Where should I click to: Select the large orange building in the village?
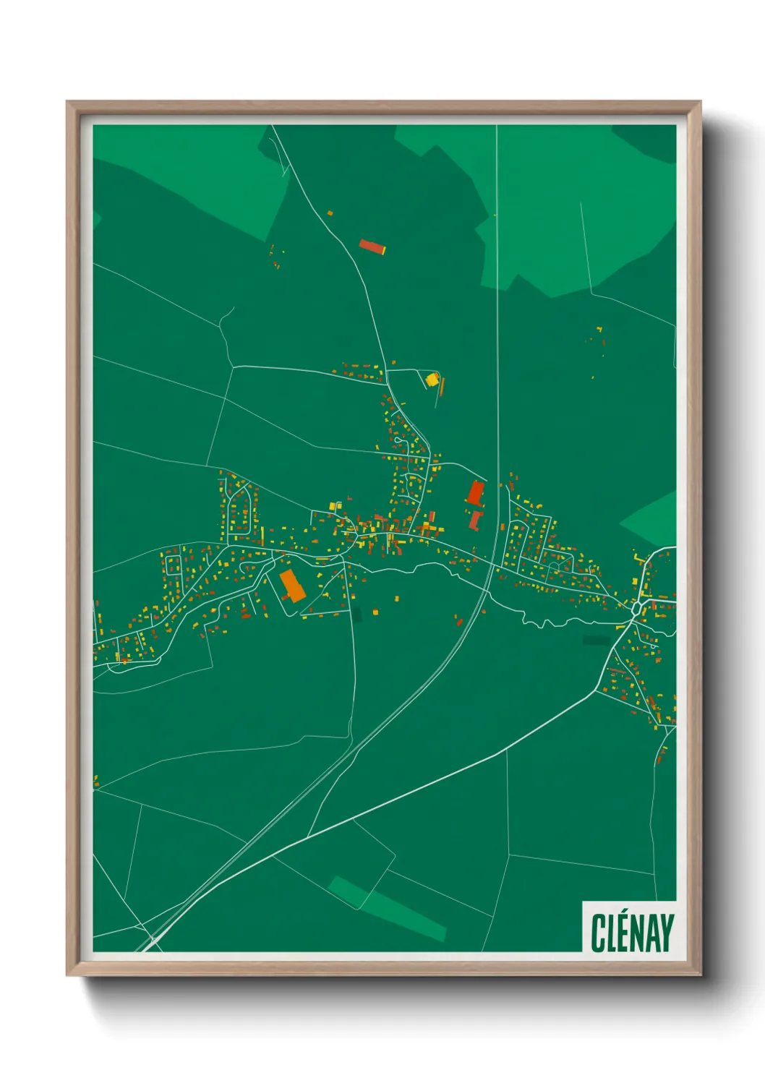(x=292, y=586)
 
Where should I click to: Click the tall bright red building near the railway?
(x=475, y=493)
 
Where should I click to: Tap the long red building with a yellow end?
(x=372, y=247)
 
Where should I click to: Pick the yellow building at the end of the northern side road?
(x=432, y=379)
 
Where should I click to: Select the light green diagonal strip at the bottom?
(x=387, y=907)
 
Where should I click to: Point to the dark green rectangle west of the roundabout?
(x=596, y=640)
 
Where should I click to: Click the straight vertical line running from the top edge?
(x=497, y=289)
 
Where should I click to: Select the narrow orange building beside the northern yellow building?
(x=442, y=386)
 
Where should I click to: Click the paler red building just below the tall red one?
(x=475, y=519)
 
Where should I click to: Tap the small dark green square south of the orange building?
(x=355, y=615)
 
